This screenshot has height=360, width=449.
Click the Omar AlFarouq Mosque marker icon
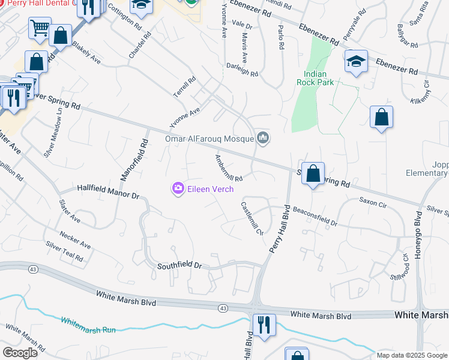[x=262, y=139]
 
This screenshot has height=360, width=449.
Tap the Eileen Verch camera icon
[x=178, y=189]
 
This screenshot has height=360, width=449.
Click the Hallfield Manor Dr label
[x=108, y=192]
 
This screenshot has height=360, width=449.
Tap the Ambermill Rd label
[x=229, y=168]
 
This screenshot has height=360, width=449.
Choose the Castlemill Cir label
[x=252, y=218]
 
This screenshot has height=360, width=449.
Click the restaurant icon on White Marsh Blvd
[x=264, y=325]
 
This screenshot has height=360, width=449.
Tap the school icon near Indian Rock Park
[x=356, y=61]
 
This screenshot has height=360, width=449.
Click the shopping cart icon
[x=40, y=27]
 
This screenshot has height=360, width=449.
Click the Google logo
[x=20, y=352]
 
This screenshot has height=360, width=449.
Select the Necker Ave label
[x=74, y=240]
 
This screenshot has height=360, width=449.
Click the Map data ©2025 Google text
[x=412, y=355]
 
